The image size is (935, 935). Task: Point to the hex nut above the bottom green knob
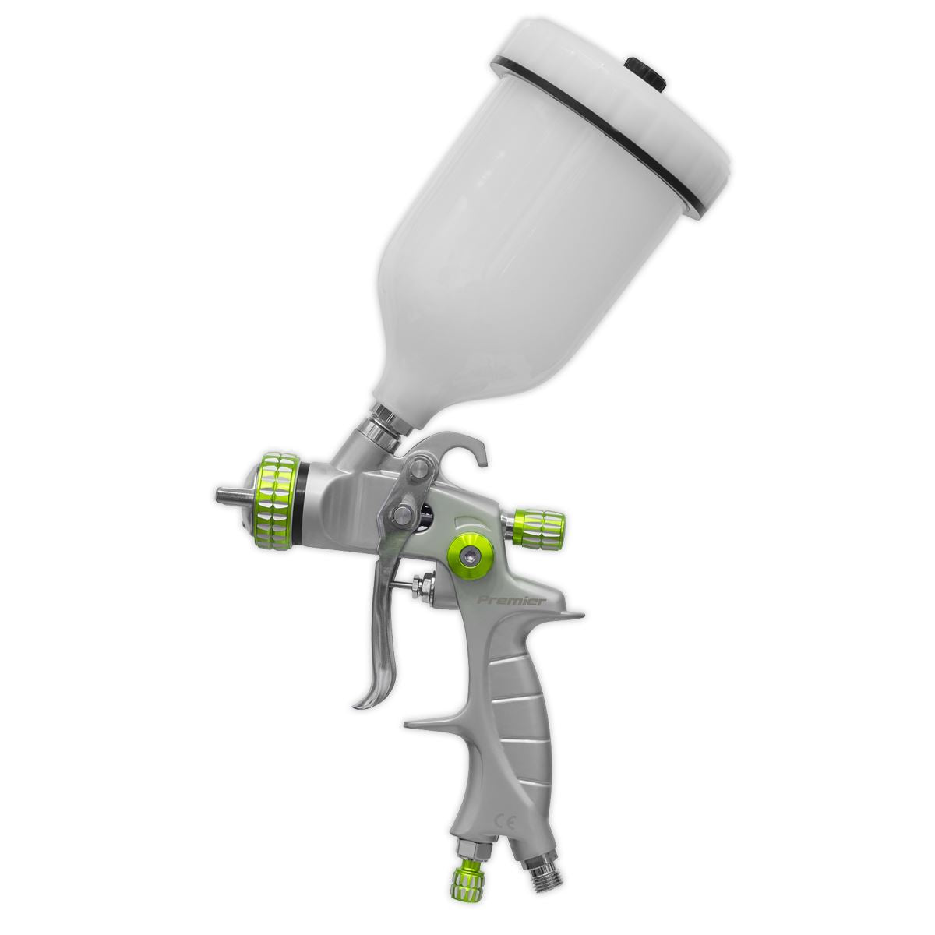[471, 850]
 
